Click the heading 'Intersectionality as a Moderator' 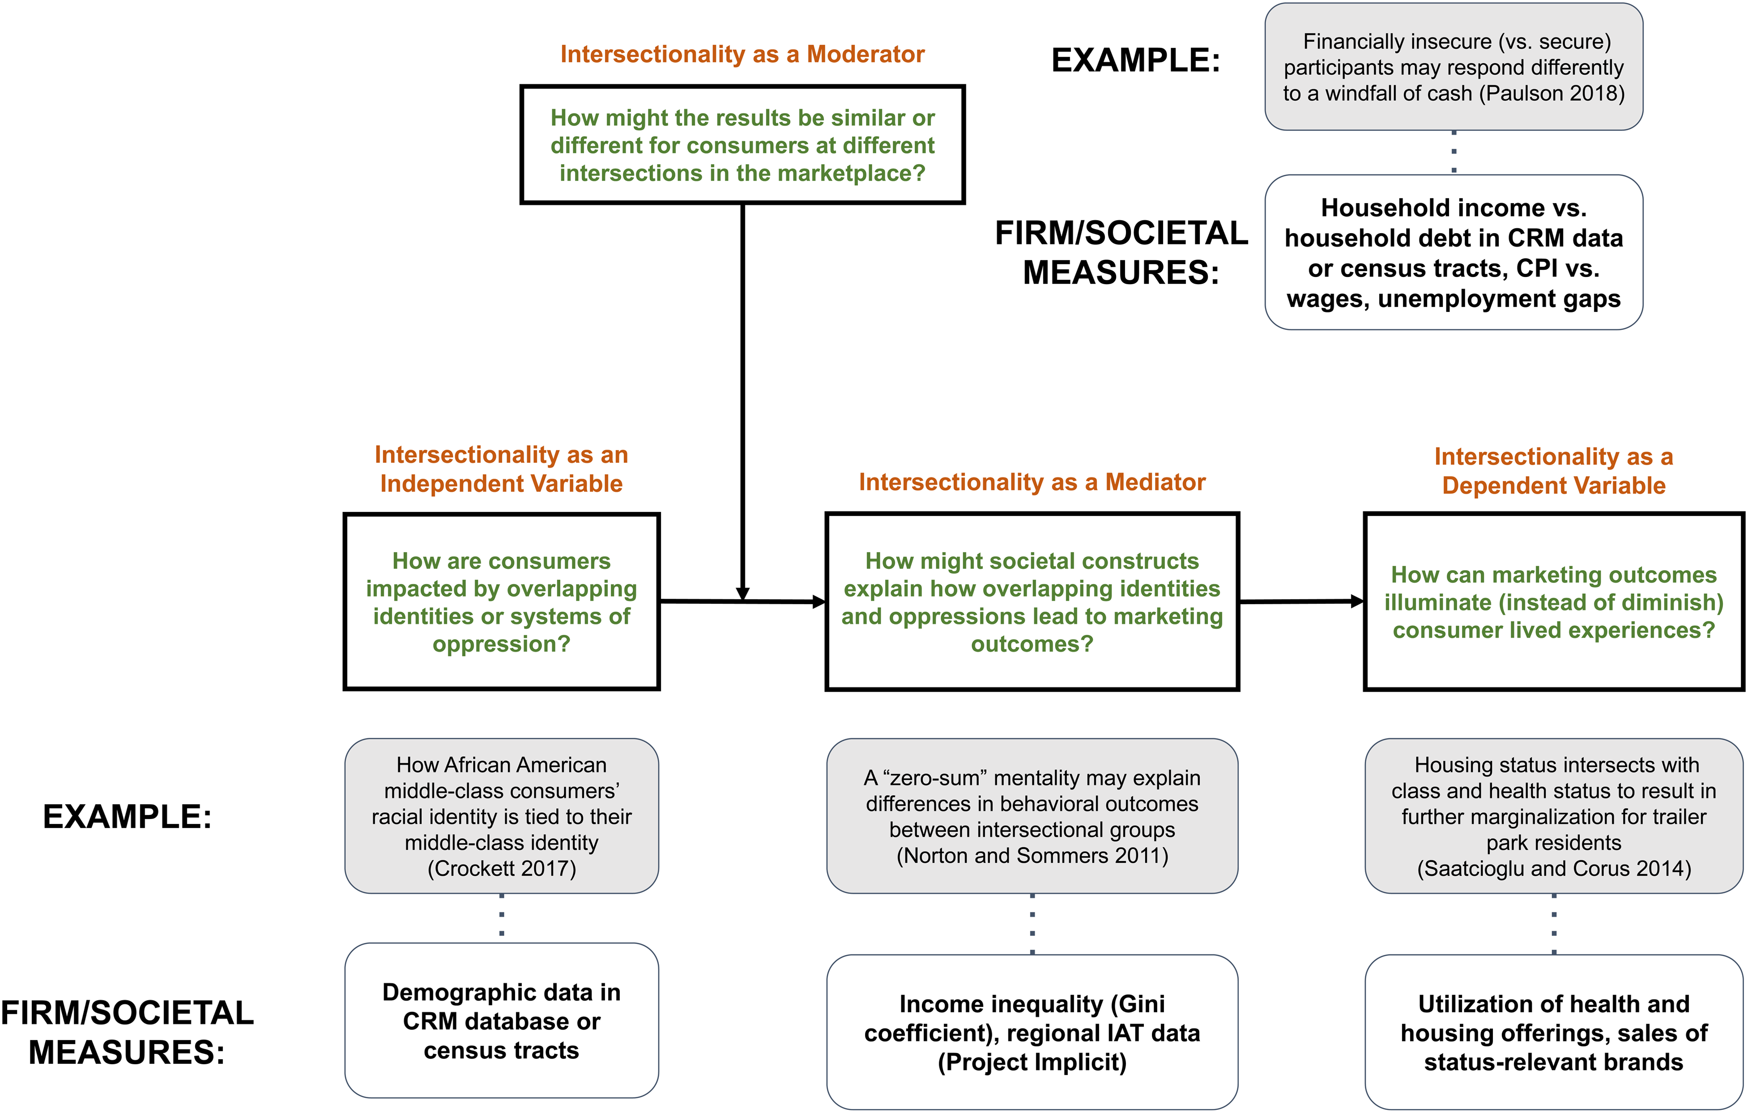coord(742,54)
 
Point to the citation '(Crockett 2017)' coord(502,868)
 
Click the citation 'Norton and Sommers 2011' coord(1032,856)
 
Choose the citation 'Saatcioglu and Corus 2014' coord(1554,868)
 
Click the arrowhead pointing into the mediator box coord(820,601)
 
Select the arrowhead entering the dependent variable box coord(1358,601)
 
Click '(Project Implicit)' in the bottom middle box coord(1032,1062)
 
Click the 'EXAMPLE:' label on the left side coord(128,817)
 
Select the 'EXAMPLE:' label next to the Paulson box coord(1136,60)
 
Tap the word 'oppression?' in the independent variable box coord(502,644)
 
